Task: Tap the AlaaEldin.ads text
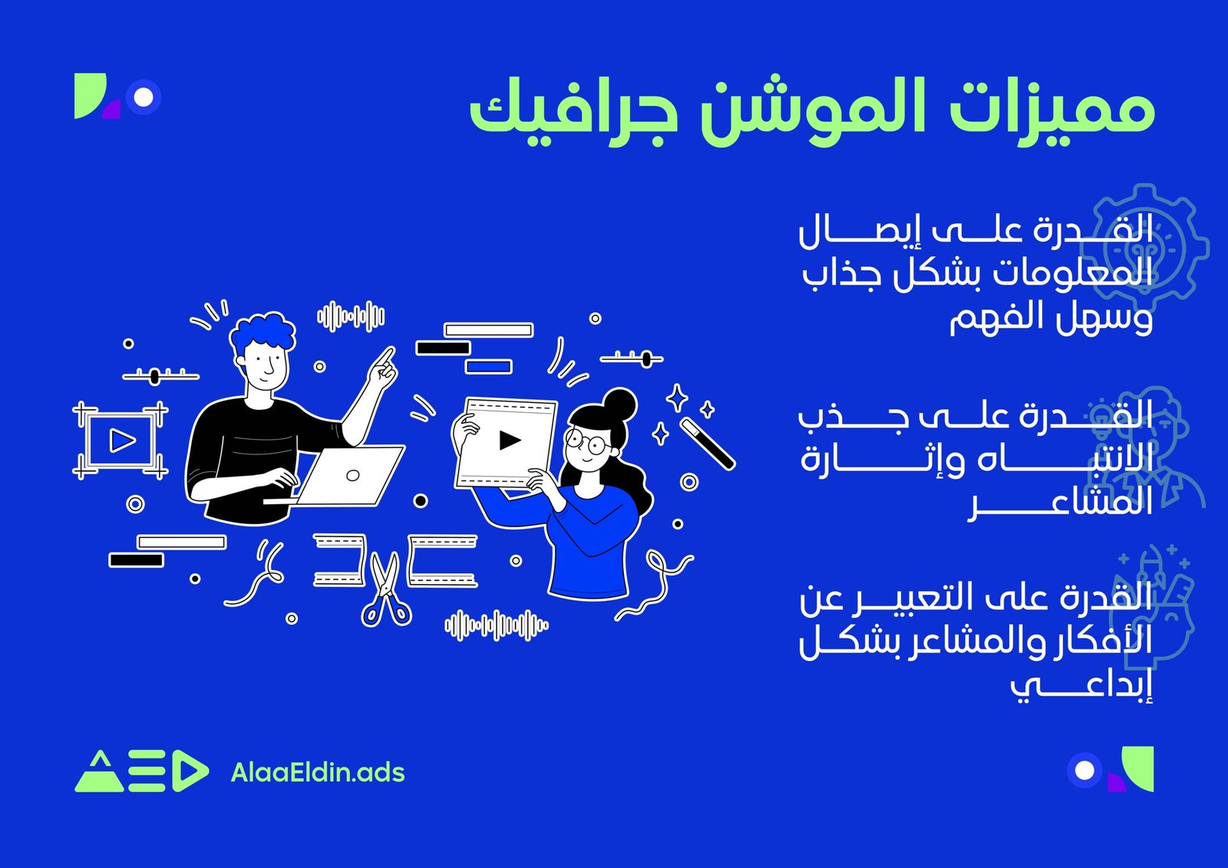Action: coord(318,772)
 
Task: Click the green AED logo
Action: coord(141,771)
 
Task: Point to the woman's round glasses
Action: coord(586,442)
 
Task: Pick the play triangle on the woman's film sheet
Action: coord(509,440)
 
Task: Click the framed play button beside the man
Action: coord(121,441)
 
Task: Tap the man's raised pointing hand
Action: coord(382,368)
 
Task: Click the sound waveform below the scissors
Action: coord(497,625)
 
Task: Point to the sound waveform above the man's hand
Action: coord(352,316)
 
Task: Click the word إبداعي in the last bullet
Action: coord(1081,685)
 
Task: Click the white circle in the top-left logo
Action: coord(144,97)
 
